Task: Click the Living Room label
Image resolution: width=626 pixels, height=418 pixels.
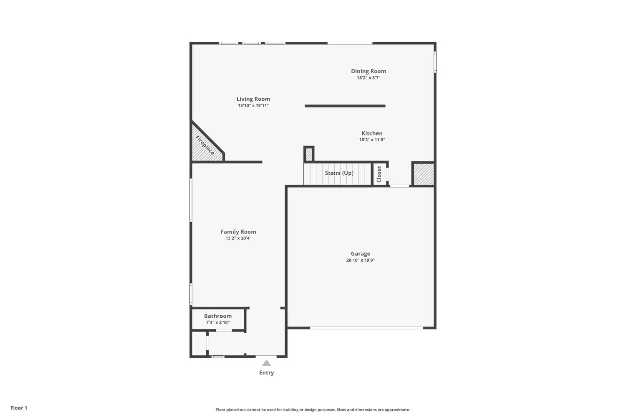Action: pos(253,99)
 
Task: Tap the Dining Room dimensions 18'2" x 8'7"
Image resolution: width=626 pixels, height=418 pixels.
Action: pos(369,78)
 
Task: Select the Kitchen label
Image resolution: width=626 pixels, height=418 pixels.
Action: pos(372,133)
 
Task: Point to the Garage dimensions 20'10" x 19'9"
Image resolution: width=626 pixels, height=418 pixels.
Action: pos(361,260)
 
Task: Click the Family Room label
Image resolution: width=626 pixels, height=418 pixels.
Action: pos(238,232)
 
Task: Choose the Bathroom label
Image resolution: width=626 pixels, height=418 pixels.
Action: pos(218,316)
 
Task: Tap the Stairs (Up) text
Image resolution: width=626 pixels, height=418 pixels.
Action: pos(339,173)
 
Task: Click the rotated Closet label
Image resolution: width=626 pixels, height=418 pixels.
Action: pos(379,174)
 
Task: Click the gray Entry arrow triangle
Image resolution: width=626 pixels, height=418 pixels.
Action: pos(266,363)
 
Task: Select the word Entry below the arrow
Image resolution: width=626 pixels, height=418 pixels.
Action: pos(266,372)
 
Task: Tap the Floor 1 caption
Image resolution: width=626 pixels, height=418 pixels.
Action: pos(19,408)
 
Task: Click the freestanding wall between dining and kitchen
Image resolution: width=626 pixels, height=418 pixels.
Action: pos(345,106)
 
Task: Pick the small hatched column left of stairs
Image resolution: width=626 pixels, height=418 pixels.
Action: pos(309,154)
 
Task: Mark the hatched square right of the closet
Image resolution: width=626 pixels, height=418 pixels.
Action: pos(424,174)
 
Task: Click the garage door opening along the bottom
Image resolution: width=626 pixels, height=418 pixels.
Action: pos(366,328)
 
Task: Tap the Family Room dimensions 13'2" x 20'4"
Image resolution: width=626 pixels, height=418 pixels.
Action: pos(238,238)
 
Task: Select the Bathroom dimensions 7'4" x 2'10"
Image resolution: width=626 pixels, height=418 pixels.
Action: pos(218,323)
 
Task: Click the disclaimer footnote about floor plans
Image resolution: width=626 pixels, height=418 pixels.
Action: pos(313,410)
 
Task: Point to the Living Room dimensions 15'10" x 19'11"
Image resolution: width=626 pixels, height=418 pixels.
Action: pos(253,106)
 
